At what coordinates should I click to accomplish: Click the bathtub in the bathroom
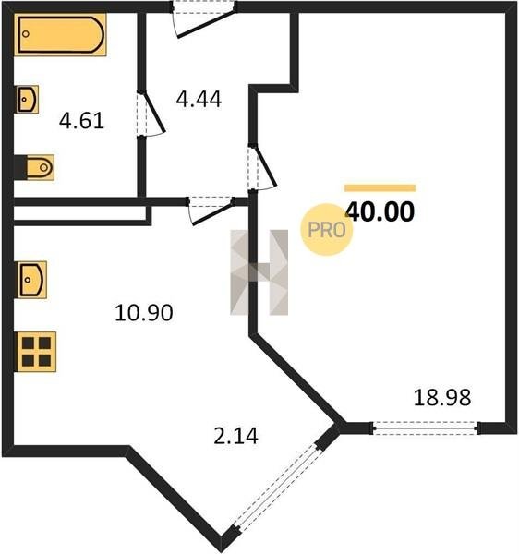(60, 35)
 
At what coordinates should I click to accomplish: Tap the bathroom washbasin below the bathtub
(27, 100)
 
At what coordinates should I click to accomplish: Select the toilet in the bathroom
(34, 167)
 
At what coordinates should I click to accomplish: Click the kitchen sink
(31, 280)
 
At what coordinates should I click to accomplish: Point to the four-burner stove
(36, 352)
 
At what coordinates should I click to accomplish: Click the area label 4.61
(81, 120)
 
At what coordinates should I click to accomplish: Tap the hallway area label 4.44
(199, 100)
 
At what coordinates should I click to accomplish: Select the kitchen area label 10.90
(144, 313)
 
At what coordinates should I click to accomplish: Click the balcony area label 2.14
(236, 436)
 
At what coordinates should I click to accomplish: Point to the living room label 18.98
(442, 397)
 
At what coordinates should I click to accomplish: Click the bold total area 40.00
(380, 212)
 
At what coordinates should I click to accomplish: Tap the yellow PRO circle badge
(327, 230)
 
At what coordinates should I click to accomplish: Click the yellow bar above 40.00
(380, 188)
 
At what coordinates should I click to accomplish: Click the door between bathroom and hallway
(151, 113)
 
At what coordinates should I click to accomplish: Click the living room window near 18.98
(426, 428)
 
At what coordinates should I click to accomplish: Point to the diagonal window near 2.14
(278, 488)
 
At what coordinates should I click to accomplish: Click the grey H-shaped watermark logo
(259, 272)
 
